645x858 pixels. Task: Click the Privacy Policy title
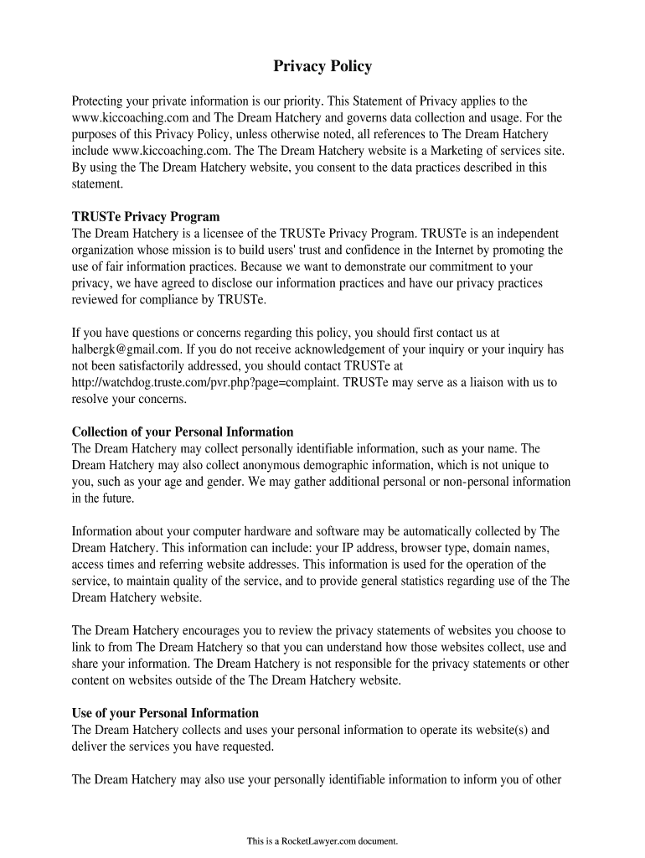coord(322,66)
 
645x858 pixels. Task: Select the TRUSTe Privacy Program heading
coord(146,217)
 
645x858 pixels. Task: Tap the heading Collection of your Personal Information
coord(183,432)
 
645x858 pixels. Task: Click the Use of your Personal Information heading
coord(165,713)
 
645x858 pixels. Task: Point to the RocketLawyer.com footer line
coord(322,840)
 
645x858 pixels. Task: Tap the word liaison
coord(493,382)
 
